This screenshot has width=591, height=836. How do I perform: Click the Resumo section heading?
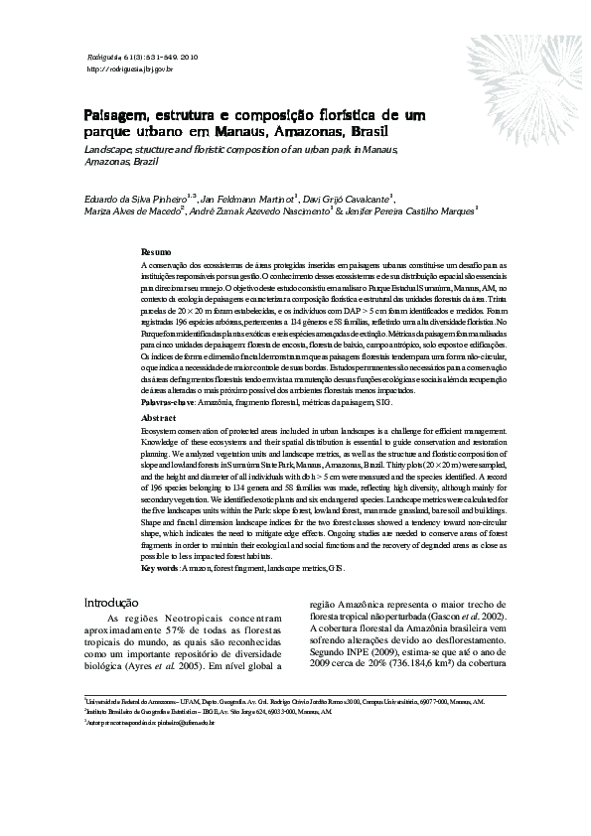pyautogui.click(x=156, y=253)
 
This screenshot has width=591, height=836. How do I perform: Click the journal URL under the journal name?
pyautogui.click(x=130, y=70)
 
